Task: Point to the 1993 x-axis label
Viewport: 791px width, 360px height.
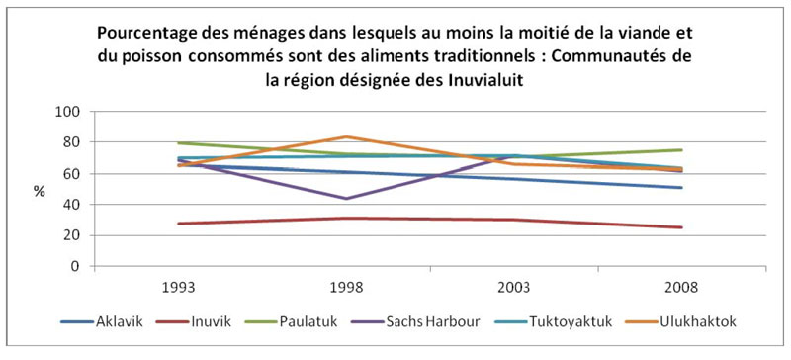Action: point(177,288)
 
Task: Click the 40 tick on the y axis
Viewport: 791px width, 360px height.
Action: point(70,205)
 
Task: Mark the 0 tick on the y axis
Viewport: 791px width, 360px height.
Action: point(74,266)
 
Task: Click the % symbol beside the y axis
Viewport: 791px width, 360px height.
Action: point(40,192)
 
